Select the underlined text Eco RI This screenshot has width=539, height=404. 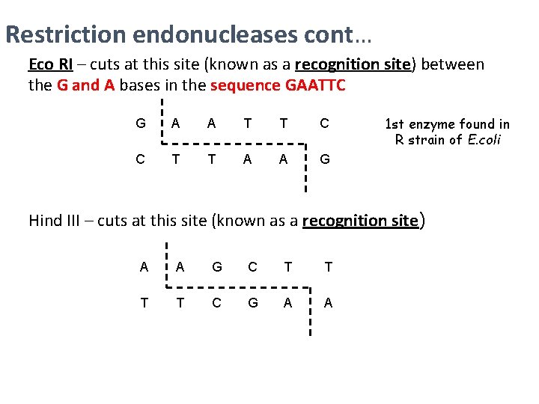50,64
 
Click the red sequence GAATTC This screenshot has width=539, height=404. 315,85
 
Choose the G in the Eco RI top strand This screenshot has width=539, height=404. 141,123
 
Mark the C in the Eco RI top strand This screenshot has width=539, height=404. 324,123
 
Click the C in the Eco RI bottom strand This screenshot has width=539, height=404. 141,159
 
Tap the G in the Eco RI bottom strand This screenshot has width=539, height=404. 324,159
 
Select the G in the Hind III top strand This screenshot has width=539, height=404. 217,267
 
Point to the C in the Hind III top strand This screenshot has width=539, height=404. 252,267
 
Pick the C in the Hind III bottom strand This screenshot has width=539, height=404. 217,302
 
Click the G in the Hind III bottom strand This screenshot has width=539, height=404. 252,302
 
